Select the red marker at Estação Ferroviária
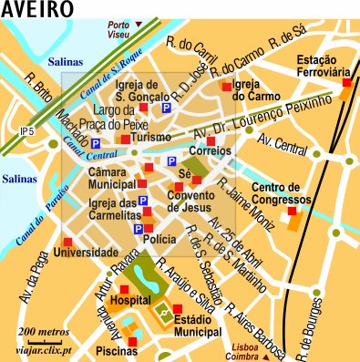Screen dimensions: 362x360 pyautogui.click(x=345, y=83)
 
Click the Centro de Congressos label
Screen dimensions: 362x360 pyautogui.click(x=284, y=194)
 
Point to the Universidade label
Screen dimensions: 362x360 pyautogui.click(x=87, y=252)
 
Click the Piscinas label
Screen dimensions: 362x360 pyautogui.click(x=116, y=350)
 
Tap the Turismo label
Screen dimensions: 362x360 pyautogui.click(x=151, y=139)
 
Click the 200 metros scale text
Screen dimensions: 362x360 pyautogui.click(x=45, y=330)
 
